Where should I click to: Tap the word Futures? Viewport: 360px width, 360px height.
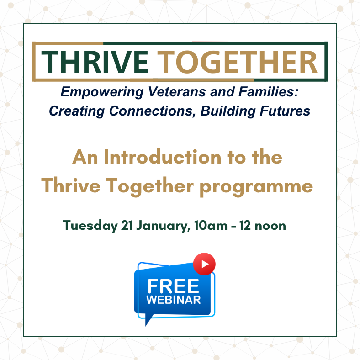pyautogui.click(x=286, y=111)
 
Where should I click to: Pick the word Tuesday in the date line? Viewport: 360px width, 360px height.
pyautogui.click(x=90, y=226)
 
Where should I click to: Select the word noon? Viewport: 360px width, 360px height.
pyautogui.click(x=270, y=226)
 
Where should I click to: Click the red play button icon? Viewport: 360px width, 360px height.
pyautogui.click(x=204, y=264)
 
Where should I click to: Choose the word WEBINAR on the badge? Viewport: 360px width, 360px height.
pyautogui.click(x=173, y=300)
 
